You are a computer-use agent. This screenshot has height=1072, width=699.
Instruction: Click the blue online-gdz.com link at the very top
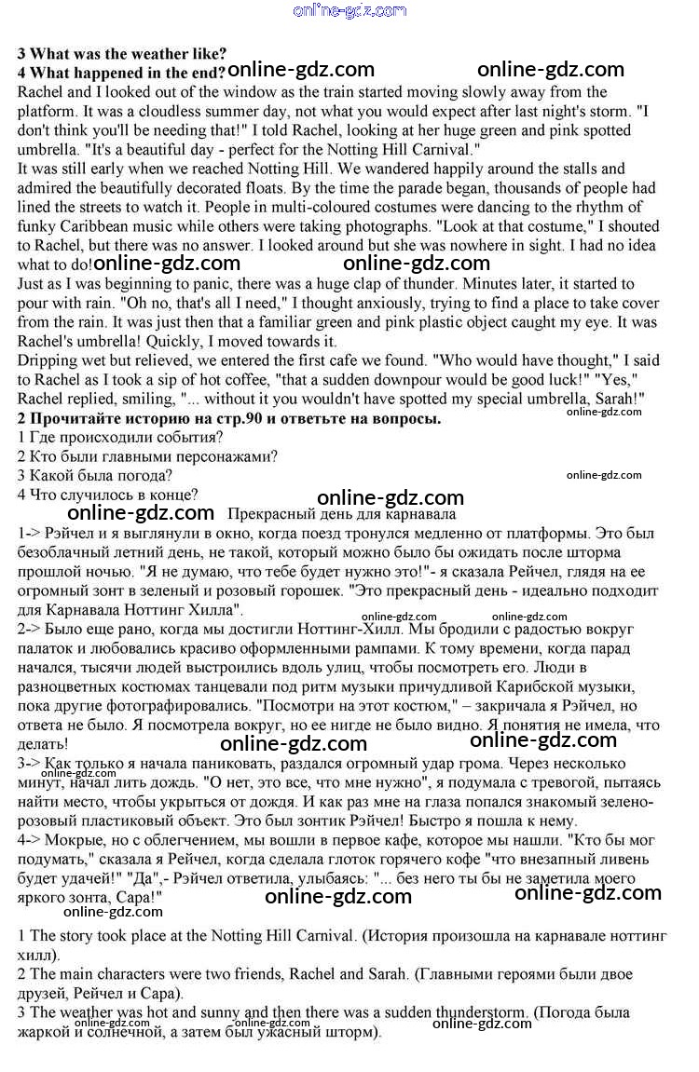(x=349, y=11)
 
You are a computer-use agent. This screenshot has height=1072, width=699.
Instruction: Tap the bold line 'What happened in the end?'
(x=121, y=73)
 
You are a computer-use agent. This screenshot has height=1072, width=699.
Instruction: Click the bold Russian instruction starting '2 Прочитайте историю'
(x=229, y=418)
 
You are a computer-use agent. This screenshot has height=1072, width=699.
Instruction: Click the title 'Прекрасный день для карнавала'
(x=341, y=514)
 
